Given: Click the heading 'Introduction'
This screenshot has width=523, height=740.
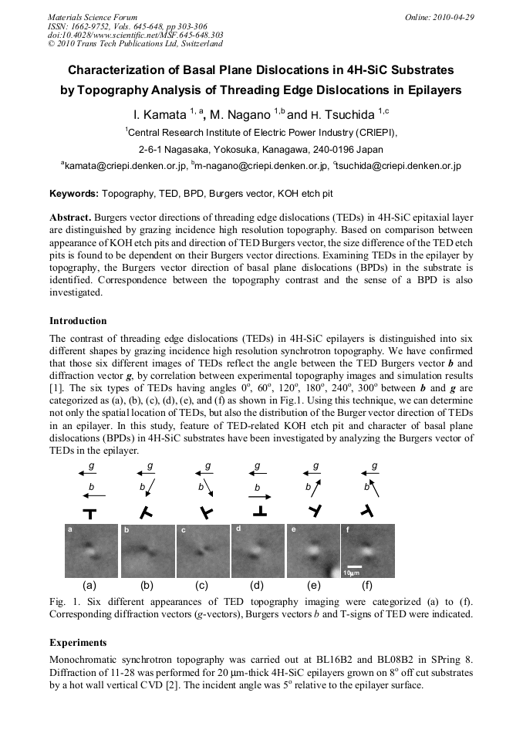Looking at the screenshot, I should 78,320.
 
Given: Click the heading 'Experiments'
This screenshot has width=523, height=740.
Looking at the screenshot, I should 78,642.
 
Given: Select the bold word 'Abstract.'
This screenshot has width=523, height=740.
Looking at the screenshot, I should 71,218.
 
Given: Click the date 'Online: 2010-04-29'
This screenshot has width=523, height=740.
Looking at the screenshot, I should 440,17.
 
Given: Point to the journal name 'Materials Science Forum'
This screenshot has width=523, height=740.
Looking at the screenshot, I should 93,17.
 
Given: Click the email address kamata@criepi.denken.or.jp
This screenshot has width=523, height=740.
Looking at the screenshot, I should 126,166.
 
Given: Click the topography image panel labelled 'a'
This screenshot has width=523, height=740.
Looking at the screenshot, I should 90,551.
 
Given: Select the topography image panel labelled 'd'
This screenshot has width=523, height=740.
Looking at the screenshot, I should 258,550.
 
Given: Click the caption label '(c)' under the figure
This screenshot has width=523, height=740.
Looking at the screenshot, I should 202,586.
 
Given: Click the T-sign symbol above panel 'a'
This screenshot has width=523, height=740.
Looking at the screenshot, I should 89,512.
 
